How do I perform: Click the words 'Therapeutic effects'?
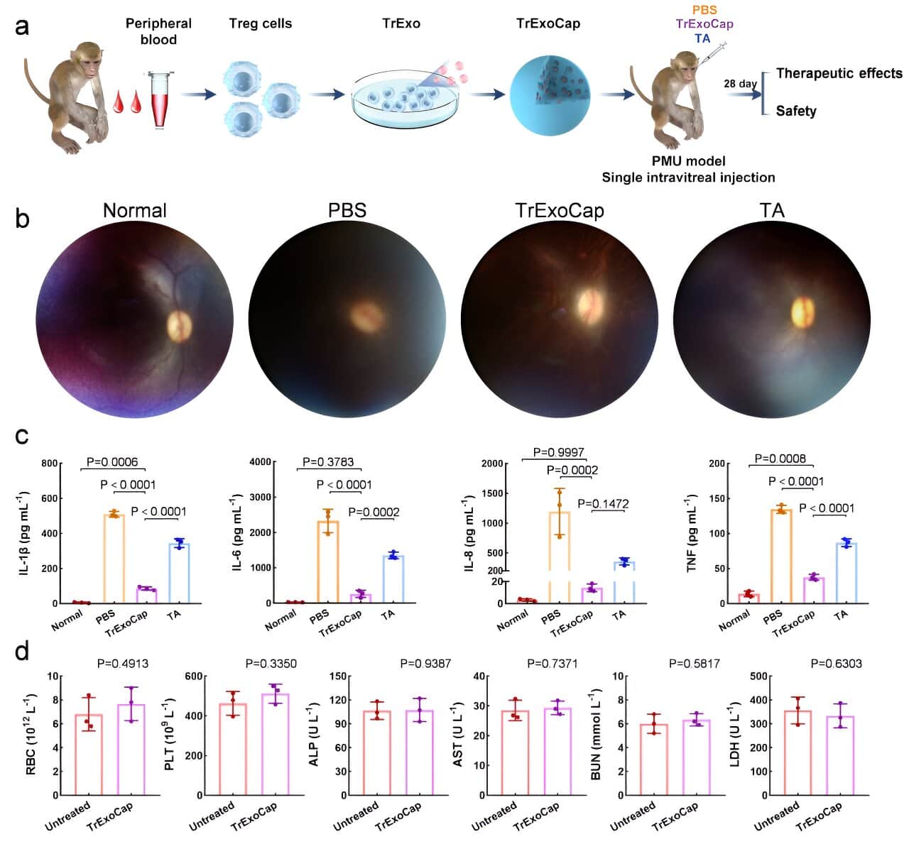[839, 73]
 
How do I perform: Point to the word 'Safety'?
[795, 111]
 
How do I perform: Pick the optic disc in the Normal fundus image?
[179, 324]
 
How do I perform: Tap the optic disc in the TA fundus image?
[802, 312]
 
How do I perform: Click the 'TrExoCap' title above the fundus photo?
[560, 211]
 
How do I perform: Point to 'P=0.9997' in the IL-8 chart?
[559, 452]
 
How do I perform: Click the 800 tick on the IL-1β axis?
[49, 464]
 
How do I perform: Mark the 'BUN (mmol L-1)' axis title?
[597, 736]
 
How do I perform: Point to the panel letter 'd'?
[22, 650]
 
